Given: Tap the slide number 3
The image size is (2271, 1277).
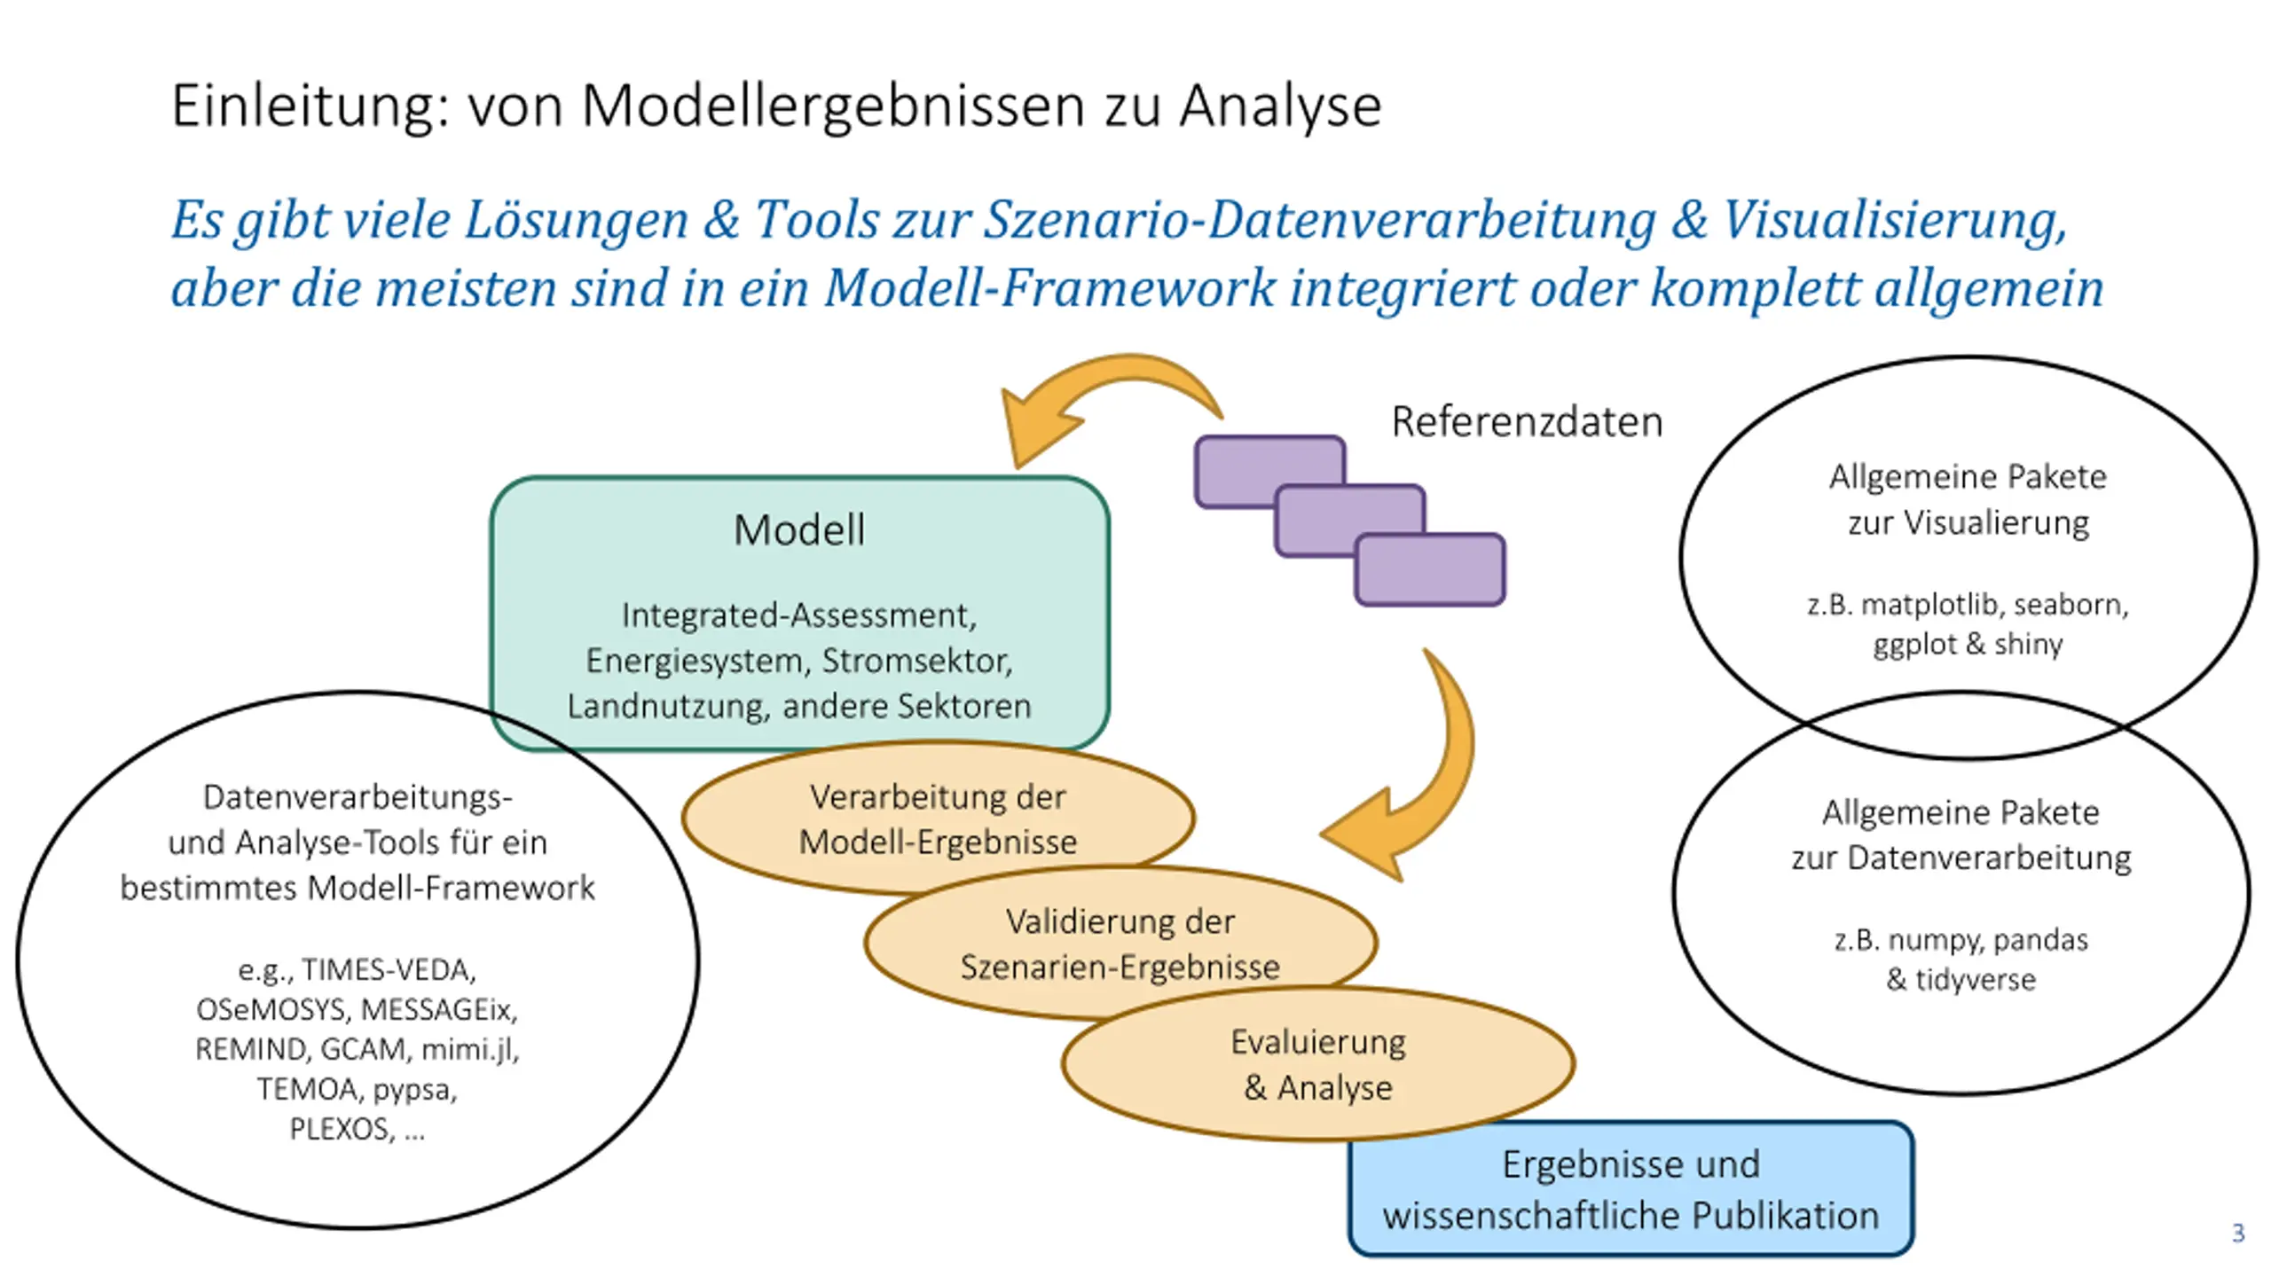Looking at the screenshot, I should point(2237,1233).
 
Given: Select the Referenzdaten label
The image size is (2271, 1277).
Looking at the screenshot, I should point(1527,421).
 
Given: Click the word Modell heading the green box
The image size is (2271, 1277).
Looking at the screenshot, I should point(799,530).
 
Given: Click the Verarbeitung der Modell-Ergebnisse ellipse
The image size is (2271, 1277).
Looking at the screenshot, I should point(938,818).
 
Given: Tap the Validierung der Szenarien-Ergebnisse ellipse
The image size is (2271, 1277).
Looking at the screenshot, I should point(1120,943).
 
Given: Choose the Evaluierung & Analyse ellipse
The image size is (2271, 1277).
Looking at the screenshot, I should point(1318,1064).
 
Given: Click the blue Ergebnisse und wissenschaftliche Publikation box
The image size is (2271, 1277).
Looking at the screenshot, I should point(1631,1189).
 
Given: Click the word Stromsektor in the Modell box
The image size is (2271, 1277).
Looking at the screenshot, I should point(916,661).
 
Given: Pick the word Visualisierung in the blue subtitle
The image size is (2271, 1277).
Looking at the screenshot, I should point(1894,220).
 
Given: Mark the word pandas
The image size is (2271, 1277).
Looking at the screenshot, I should point(2040,940).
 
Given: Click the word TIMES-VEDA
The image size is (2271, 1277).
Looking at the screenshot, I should point(389,970).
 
